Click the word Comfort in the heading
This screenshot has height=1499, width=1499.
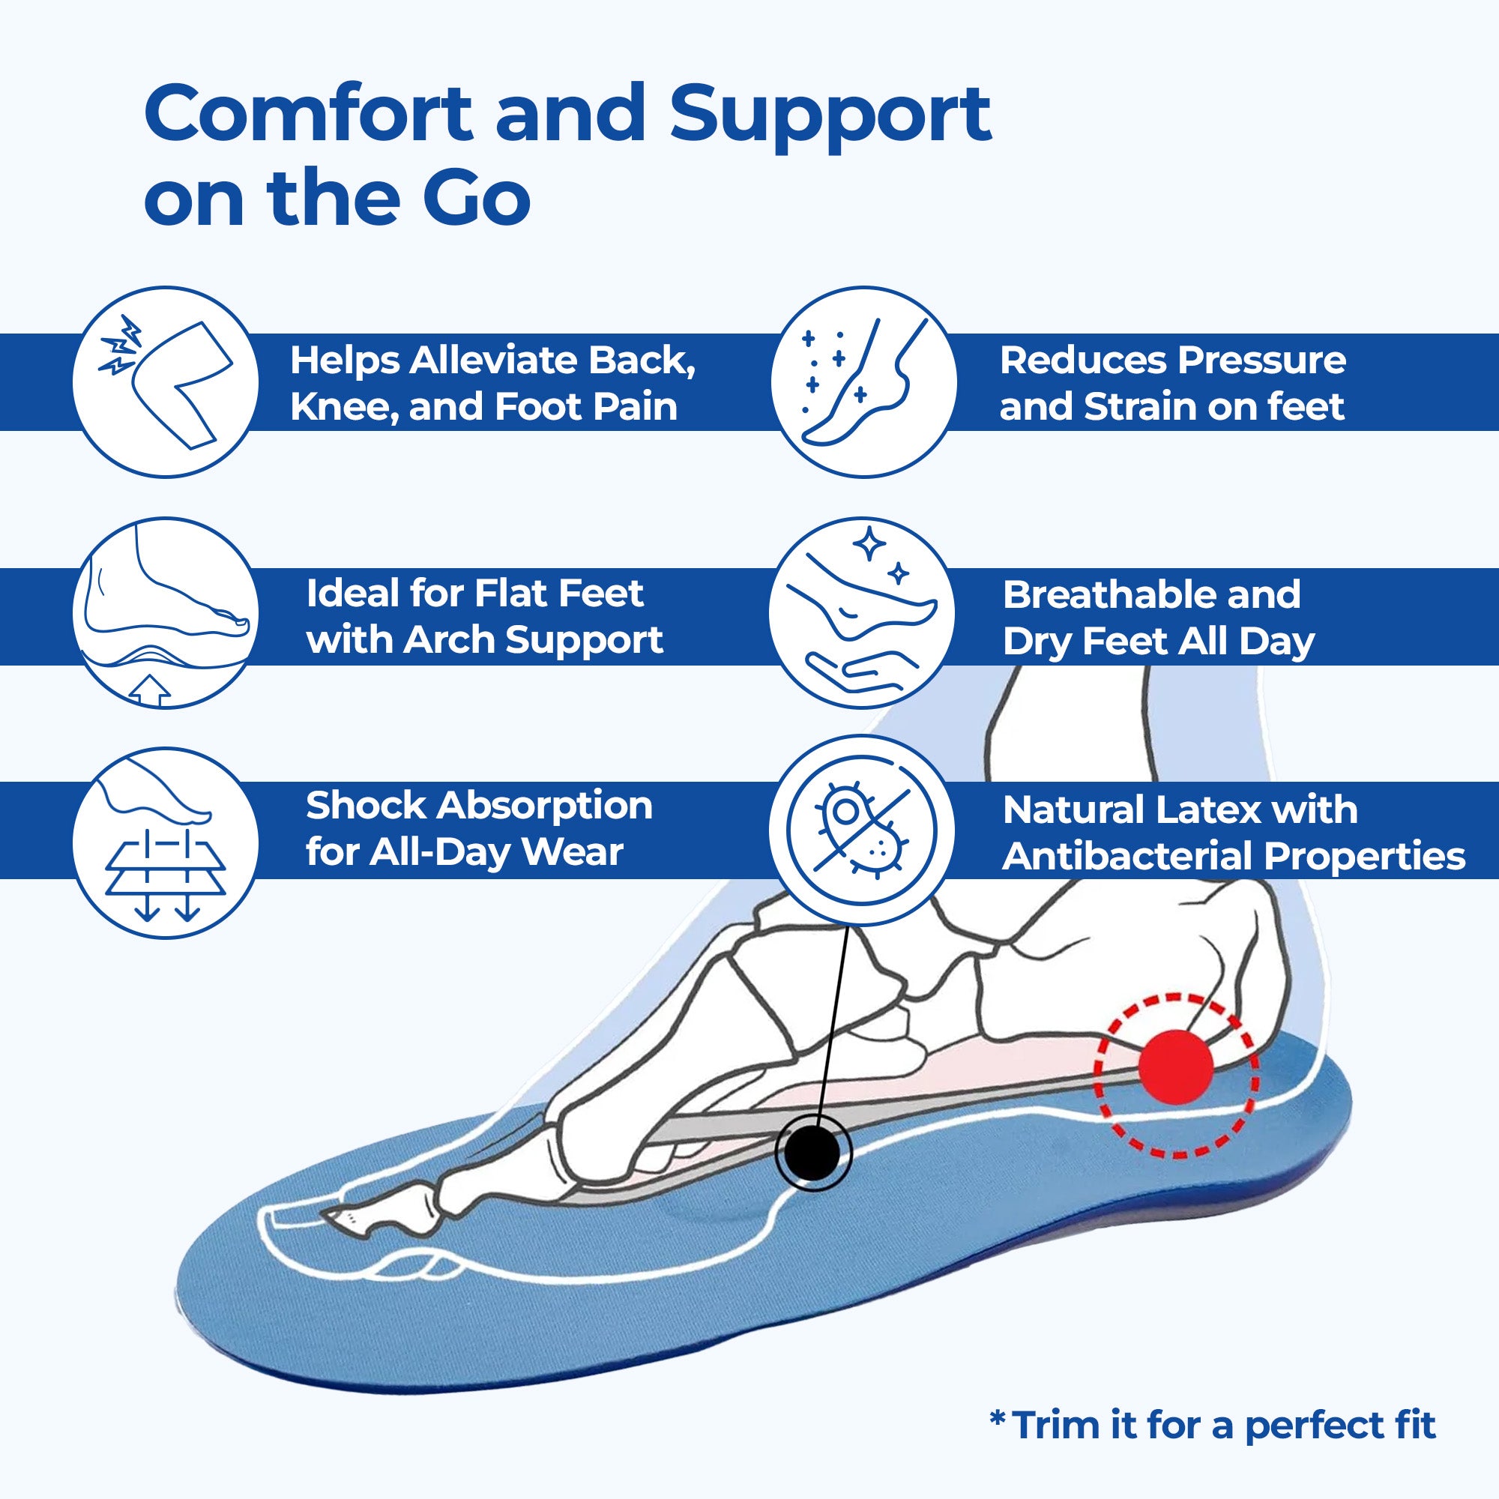(307, 114)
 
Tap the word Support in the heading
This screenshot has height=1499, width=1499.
(830, 114)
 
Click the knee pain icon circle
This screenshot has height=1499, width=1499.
(165, 381)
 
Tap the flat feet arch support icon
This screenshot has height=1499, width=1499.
(165, 613)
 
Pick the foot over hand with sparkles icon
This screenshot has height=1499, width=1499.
(863, 613)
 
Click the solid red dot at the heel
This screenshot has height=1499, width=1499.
(1174, 1067)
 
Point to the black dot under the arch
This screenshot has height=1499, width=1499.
(812, 1174)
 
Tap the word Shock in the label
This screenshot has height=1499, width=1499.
(365, 806)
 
